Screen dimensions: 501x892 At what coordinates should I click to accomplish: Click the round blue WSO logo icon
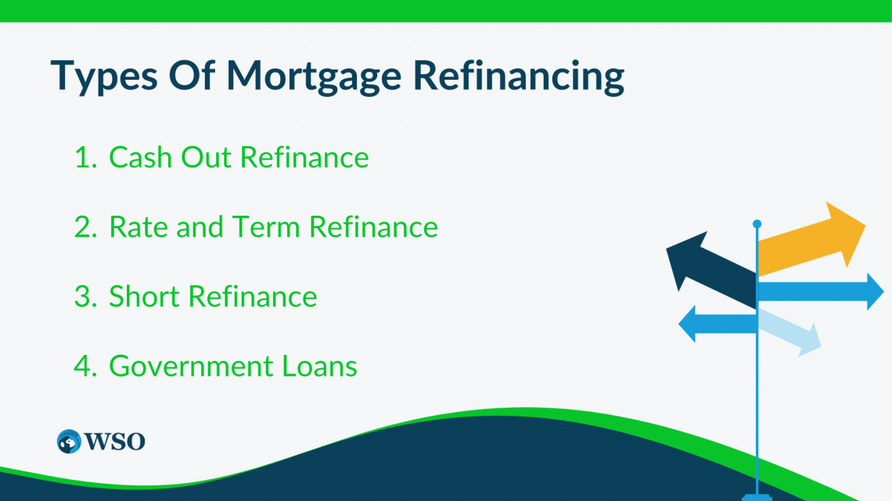coord(69,442)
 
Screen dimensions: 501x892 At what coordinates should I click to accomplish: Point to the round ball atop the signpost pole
coord(757,224)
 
